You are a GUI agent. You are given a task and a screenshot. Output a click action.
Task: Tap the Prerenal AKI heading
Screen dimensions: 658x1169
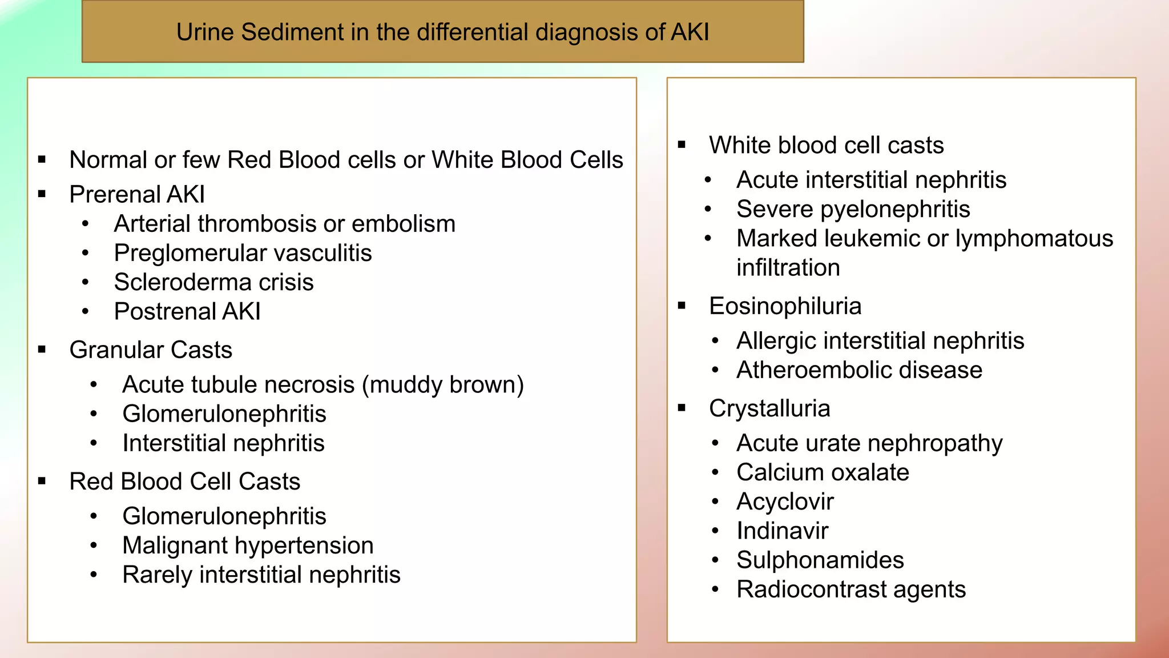[x=137, y=194]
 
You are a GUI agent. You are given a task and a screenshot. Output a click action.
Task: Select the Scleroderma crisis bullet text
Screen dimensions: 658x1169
[x=213, y=282]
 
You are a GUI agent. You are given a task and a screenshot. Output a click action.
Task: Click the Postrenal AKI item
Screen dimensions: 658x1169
[x=187, y=311]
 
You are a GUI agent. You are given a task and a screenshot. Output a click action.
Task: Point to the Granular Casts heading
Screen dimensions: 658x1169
[x=151, y=350]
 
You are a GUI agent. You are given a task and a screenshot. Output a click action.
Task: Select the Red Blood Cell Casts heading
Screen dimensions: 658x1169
[x=184, y=482]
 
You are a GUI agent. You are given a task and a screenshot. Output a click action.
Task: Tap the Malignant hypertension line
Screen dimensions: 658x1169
[x=248, y=545]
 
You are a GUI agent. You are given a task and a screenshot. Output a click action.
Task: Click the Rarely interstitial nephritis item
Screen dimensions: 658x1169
[x=261, y=575]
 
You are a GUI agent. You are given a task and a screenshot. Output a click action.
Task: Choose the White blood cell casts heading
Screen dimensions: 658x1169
[x=826, y=145]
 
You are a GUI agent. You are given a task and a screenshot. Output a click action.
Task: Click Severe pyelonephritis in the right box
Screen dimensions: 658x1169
[x=853, y=209]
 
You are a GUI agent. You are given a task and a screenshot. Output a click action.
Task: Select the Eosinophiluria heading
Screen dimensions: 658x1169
[x=785, y=306]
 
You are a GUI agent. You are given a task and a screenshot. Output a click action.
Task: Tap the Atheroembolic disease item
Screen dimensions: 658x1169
[x=859, y=370]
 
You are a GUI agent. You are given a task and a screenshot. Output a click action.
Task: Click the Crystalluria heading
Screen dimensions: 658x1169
[x=769, y=408]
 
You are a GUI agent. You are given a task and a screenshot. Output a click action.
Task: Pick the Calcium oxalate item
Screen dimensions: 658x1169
[x=823, y=472]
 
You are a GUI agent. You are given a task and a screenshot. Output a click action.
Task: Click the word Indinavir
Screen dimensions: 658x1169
[x=782, y=531]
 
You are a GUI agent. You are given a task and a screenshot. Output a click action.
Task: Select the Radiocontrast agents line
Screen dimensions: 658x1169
[x=850, y=589]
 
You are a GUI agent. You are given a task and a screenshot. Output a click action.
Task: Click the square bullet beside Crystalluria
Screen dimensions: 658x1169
[x=682, y=408]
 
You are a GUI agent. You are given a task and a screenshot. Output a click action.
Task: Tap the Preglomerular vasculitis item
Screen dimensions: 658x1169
[x=243, y=253]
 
